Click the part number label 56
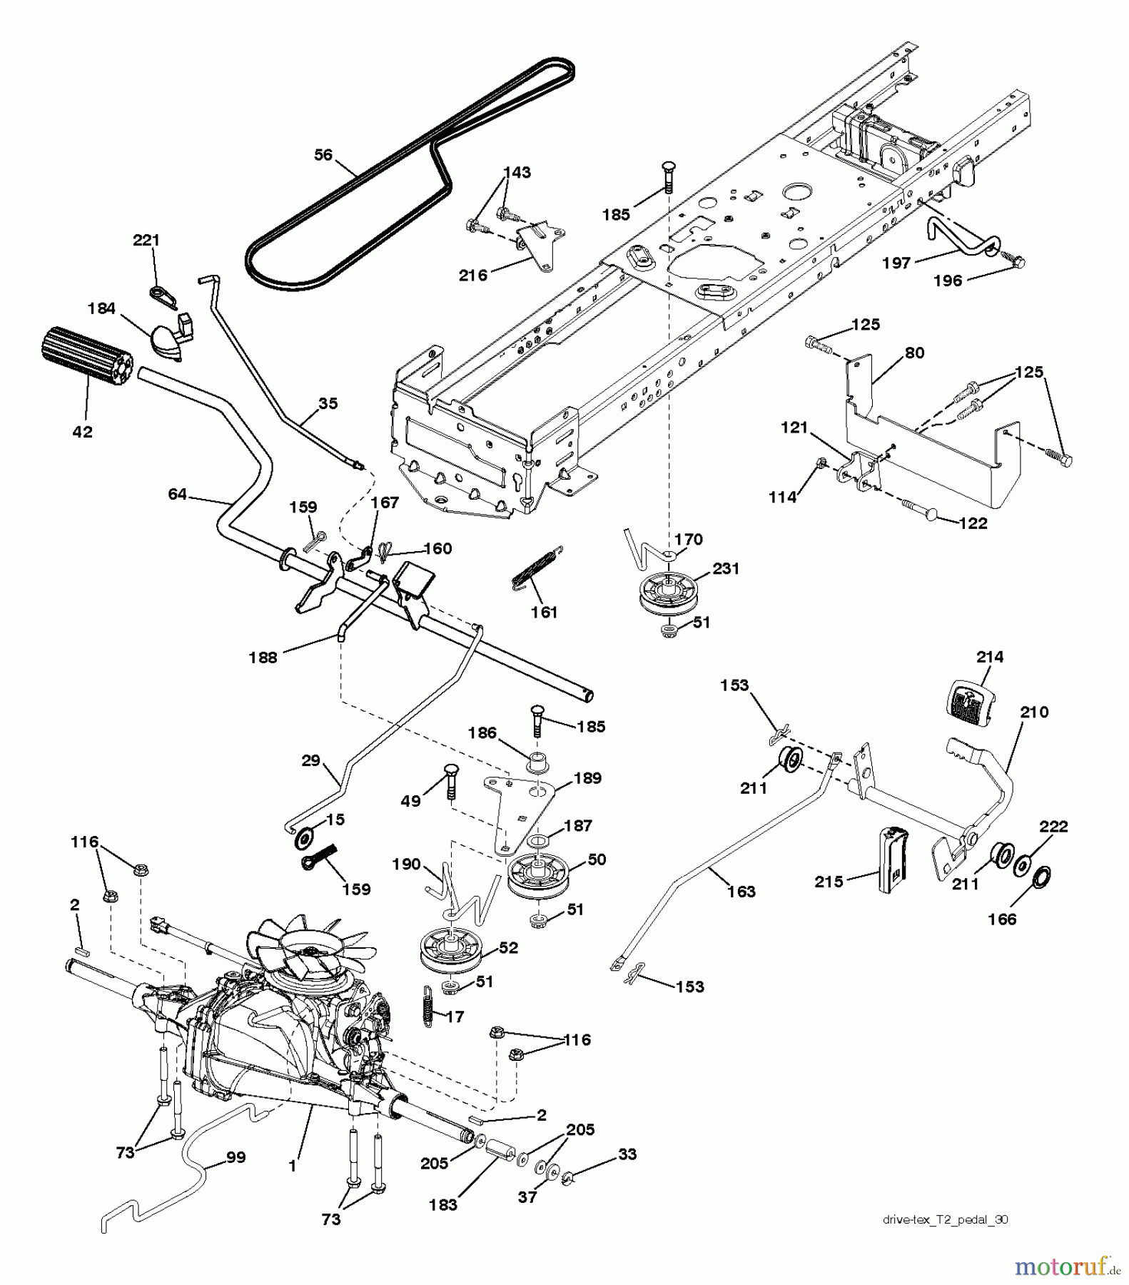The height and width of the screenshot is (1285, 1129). pos(323,155)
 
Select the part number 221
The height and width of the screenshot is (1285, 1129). pos(146,241)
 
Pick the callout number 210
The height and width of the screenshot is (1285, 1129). pos(1034,712)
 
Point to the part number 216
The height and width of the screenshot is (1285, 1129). pos(472,276)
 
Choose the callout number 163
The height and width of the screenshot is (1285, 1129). pos(741,891)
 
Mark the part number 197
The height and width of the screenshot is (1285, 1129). pos(896,263)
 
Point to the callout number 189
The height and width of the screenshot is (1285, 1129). pos(587,778)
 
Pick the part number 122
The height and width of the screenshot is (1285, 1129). pos(973,523)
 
